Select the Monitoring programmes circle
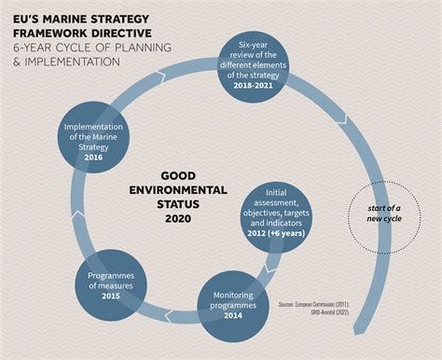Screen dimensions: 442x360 pos(228,302)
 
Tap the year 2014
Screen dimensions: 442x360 pos(228,316)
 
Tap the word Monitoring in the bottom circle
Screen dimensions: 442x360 pos(228,296)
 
